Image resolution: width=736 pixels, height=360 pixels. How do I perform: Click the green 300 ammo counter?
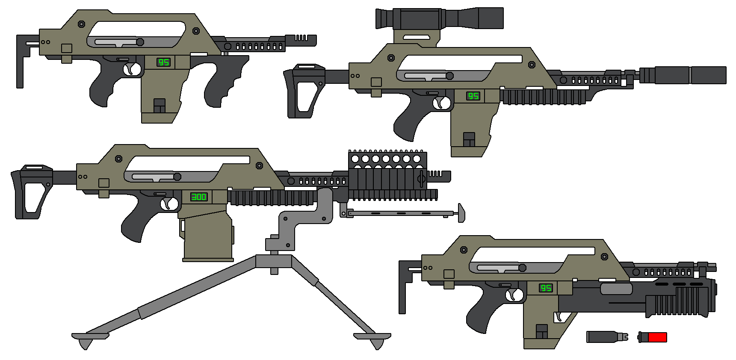click(199, 197)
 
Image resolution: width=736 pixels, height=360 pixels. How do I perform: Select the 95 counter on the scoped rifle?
click(473, 96)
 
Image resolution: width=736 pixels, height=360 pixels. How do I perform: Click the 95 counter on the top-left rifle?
click(164, 62)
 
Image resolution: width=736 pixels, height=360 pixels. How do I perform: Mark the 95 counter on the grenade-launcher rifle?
click(546, 288)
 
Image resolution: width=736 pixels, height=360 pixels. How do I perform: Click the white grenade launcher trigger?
click(559, 317)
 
